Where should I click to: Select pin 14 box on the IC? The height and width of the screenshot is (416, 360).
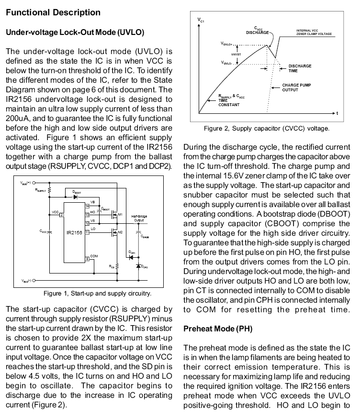click(x=88, y=206)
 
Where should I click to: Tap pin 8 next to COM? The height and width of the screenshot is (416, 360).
click(x=88, y=259)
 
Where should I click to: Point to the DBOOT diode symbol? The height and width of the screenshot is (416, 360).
click(x=76, y=197)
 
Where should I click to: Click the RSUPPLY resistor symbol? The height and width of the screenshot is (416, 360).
click(x=50, y=191)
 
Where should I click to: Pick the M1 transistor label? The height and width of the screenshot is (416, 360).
click(x=121, y=214)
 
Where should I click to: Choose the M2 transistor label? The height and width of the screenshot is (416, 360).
click(x=120, y=232)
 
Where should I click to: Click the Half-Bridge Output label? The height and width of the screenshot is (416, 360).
click(x=139, y=219)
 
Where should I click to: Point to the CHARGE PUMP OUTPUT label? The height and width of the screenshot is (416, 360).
click(x=296, y=88)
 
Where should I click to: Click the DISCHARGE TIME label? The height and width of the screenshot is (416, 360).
click(x=300, y=68)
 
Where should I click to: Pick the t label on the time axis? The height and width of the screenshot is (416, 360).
click(x=337, y=113)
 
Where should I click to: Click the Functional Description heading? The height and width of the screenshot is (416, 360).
click(x=53, y=12)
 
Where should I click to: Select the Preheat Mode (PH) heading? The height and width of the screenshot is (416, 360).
click(x=218, y=329)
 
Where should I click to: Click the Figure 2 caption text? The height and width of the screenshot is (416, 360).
click(x=266, y=129)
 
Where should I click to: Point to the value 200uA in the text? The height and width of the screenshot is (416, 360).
click(x=18, y=119)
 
